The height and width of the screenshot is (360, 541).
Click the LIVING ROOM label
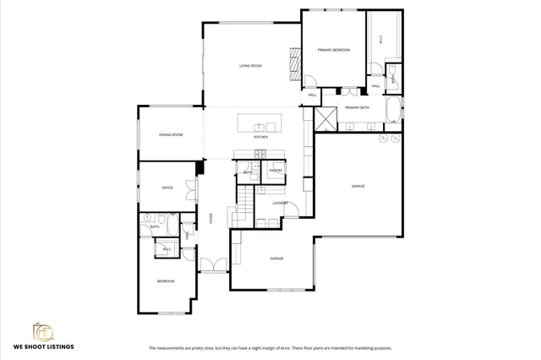pyautogui.click(x=250, y=66)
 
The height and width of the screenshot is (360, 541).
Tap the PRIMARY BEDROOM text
pyautogui.click(x=334, y=51)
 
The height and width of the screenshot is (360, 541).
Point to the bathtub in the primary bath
pyautogui.click(x=394, y=111)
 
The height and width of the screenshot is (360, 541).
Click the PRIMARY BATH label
pyautogui.click(x=358, y=108)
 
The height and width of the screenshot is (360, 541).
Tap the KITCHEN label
pyautogui.click(x=261, y=136)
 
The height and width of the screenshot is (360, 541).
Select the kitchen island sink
pyautogui.click(x=260, y=126)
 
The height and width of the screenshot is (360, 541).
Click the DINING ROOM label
pyautogui.click(x=172, y=134)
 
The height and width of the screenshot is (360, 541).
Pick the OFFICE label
pyautogui.click(x=167, y=188)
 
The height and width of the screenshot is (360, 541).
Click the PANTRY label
pyautogui.click(x=276, y=171)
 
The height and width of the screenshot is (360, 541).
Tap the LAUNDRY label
pyautogui.click(x=281, y=203)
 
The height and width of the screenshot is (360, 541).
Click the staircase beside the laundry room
pyautogui.click(x=243, y=206)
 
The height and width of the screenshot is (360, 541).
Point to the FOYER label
pyautogui.click(x=210, y=218)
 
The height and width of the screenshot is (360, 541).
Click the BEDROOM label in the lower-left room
pyautogui.click(x=165, y=281)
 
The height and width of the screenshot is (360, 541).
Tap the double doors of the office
pyautogui.click(x=192, y=189)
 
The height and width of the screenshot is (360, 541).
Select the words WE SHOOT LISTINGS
pyautogui.click(x=43, y=347)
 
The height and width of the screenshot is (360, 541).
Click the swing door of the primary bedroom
pyautogui.click(x=310, y=84)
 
